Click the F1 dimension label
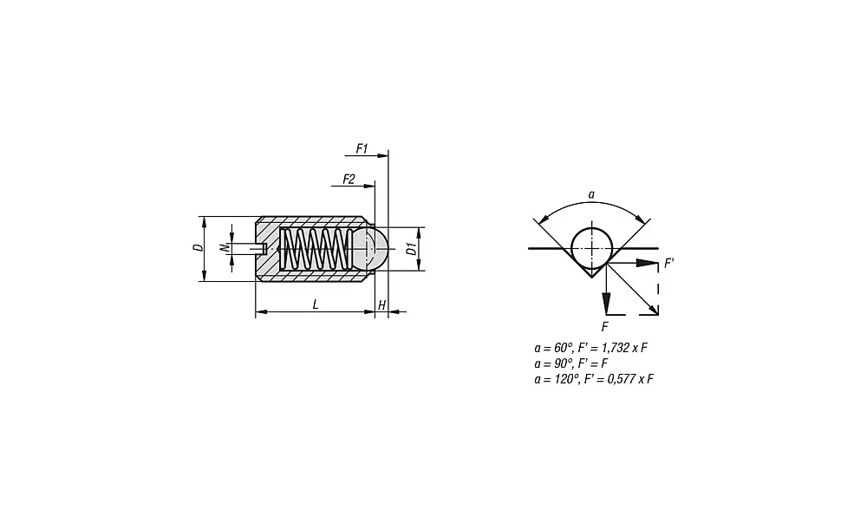362,149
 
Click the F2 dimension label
349,179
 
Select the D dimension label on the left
198,248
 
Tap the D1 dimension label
412,249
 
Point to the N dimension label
224,248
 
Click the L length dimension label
316,304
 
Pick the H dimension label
381,305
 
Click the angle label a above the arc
591,195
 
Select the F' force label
668,261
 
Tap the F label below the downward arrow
604,326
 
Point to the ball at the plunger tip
371,249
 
